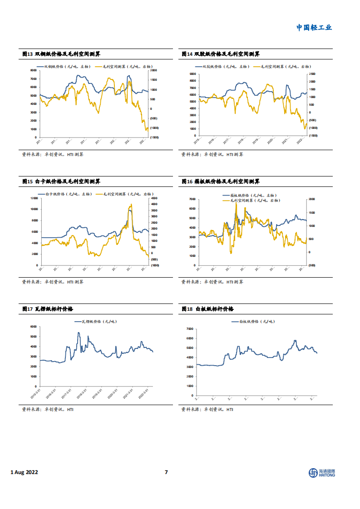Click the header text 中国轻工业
coord(314,27)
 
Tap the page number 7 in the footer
coord(166,472)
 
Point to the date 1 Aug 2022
coord(24,472)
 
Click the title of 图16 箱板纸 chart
coord(220,181)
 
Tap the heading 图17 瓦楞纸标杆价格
coord(48,309)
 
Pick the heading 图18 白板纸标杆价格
coord(207,309)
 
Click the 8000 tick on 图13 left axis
coord(33,70)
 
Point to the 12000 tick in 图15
coord(32,198)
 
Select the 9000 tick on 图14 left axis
coord(192,74)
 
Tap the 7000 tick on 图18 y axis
coord(190,328)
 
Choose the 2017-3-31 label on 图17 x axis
coord(67,392)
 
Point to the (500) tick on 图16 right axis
coord(312,265)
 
